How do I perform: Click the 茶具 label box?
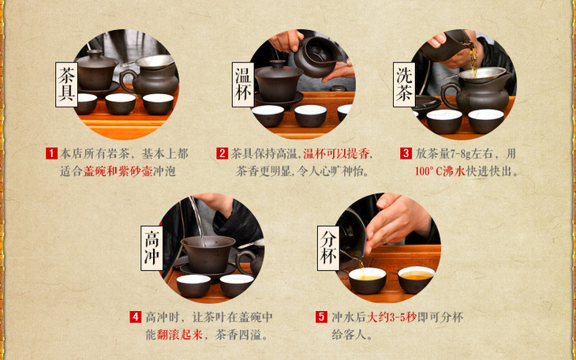(66, 84)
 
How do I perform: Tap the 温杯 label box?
(243, 84)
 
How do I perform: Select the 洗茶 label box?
(404, 84)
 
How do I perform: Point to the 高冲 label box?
(151, 248)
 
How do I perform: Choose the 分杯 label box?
(328, 248)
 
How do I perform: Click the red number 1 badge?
(51, 153)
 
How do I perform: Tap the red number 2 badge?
(222, 153)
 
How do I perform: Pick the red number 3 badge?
(406, 153)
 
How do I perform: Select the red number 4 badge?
(135, 317)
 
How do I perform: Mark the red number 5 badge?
(321, 317)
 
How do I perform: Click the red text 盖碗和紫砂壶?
(118, 171)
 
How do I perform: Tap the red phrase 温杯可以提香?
(336, 154)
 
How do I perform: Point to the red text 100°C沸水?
(440, 171)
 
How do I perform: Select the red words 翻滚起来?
(180, 335)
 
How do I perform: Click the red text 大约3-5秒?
(391, 317)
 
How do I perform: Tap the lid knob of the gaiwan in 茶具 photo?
(95, 54)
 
